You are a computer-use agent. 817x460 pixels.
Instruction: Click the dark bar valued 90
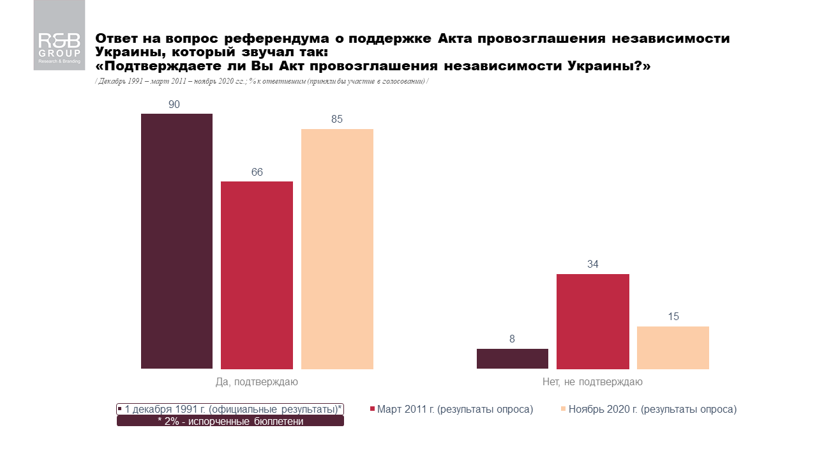pos(177,241)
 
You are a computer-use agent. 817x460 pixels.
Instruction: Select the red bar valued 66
pos(257,275)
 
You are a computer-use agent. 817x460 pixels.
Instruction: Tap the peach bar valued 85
pos(337,249)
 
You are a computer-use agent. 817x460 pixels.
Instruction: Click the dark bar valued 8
pos(513,358)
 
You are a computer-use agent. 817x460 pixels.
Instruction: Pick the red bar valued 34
pos(593,321)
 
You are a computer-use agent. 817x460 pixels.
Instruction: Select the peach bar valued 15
pos(673,348)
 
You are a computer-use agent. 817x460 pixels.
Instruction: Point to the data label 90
pos(174,103)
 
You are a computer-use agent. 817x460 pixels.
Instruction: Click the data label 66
pos(257,172)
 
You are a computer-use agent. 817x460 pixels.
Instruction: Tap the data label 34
pos(593,264)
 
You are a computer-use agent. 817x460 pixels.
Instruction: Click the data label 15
pos(673,316)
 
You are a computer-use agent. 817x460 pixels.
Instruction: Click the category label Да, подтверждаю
pos(257,382)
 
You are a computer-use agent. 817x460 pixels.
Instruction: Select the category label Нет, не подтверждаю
pos(593,382)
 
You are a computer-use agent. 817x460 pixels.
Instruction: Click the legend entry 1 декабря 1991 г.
pos(230,409)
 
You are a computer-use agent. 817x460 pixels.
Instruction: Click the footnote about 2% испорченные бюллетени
pos(230,422)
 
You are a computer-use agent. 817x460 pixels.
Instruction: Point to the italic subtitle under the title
pos(262,81)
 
